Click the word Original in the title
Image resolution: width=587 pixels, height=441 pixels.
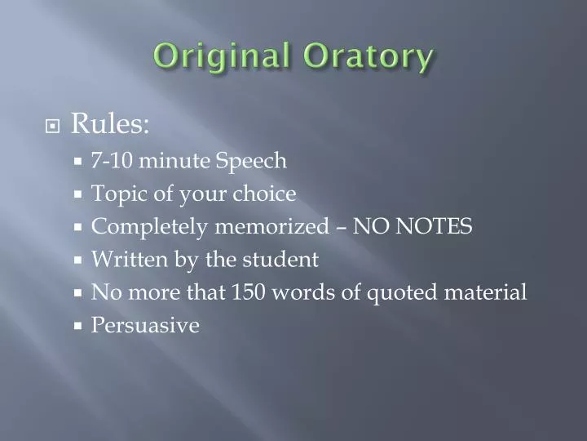222,57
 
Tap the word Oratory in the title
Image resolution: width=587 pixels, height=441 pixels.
368,57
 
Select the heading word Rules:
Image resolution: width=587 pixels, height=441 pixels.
110,123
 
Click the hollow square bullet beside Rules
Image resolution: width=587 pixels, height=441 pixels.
52,127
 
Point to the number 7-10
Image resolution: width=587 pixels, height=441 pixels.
112,161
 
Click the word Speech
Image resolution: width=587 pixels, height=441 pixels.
251,162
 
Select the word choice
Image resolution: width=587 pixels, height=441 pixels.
264,194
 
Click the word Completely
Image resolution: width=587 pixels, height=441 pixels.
149,227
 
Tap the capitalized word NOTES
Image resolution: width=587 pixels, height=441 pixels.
434,226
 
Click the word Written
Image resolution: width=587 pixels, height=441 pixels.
130,260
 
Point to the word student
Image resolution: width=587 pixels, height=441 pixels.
280,260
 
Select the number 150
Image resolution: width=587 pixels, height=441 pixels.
249,292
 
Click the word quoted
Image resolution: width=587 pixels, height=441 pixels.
402,293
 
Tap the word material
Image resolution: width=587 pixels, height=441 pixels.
486,292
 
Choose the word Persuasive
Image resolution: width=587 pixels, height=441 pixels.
145,325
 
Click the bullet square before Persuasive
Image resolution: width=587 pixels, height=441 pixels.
78,326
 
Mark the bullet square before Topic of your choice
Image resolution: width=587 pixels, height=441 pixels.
78,194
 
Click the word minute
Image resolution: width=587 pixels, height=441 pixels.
174,161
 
